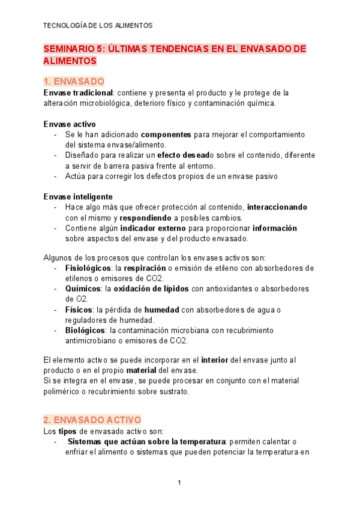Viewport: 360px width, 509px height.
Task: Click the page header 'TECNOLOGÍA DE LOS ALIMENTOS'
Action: click(x=98, y=26)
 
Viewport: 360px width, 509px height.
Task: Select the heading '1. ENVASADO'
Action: click(x=74, y=81)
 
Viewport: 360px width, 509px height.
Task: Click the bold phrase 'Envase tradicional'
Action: click(x=79, y=93)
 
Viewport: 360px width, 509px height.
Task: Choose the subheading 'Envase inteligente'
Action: click(x=78, y=197)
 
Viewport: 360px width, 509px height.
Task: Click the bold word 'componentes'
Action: click(x=166, y=134)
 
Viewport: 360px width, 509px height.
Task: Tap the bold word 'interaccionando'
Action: click(x=280, y=207)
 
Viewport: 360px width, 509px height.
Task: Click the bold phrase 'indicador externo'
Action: click(x=155, y=228)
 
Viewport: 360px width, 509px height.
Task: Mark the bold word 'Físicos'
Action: click(x=79, y=309)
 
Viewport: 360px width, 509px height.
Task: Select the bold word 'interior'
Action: click(x=218, y=360)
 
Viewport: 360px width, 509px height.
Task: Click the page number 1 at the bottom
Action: click(x=179, y=483)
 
